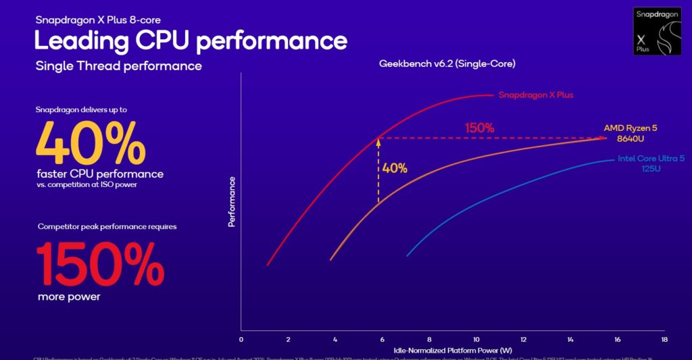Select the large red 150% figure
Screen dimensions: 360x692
(99, 263)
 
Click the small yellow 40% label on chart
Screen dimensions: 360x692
(395, 168)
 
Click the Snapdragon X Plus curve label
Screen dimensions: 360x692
(535, 95)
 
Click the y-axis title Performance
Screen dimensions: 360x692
(232, 201)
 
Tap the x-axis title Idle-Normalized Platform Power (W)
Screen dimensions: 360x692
(452, 351)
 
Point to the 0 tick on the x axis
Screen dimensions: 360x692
(241, 340)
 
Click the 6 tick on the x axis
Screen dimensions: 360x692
(382, 340)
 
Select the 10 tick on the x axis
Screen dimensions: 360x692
(476, 340)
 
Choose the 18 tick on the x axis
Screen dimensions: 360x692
(664, 340)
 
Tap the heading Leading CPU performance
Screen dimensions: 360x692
(191, 41)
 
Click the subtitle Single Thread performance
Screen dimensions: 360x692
(118, 66)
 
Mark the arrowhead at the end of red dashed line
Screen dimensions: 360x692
(602, 138)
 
